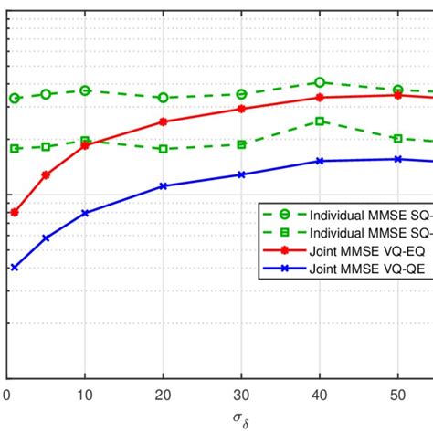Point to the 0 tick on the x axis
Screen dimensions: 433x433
7,396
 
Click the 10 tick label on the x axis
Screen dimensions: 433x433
85,396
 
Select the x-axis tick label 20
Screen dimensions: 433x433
164,396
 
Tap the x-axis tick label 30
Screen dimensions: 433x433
241,396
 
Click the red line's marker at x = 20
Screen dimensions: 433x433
164,121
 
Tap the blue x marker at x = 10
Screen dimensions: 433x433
85,213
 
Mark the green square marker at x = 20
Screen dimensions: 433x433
164,149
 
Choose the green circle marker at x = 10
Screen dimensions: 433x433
85,90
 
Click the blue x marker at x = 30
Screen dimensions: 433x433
241,174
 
